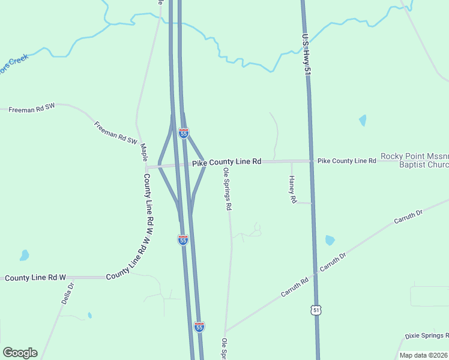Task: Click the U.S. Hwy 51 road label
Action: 307,55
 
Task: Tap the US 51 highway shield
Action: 316,310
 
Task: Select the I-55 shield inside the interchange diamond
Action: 184,133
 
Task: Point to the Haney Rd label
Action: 293,189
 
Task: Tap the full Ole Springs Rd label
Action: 228,189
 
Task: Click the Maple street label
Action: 143,151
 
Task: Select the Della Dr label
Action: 67,293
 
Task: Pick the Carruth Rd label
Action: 295,288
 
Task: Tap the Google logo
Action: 20,353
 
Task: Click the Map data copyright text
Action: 424,355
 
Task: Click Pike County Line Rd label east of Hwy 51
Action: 346,161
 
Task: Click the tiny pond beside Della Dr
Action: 89,315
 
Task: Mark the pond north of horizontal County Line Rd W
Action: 24,255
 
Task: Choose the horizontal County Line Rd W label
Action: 35,278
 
